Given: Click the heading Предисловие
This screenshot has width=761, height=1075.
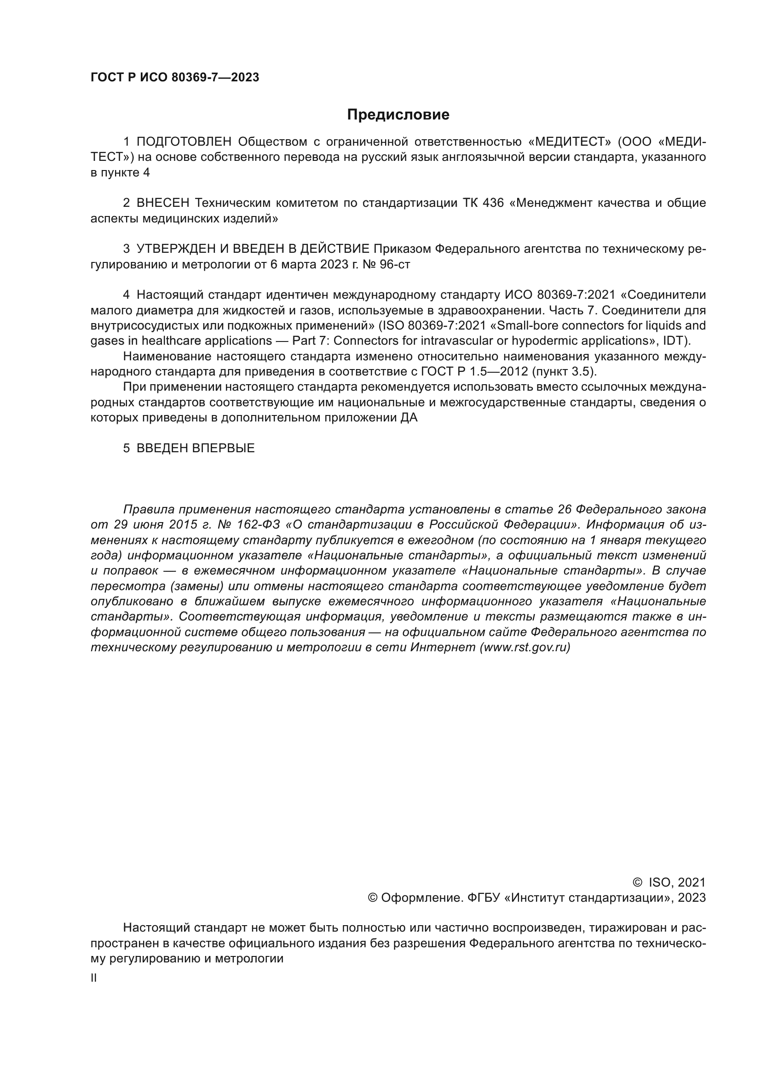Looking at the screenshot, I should coord(398,115).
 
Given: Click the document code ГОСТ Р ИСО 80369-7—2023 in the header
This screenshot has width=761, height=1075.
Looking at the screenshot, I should coord(175,78).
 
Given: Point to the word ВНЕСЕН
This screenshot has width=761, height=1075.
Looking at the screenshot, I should coord(163,203).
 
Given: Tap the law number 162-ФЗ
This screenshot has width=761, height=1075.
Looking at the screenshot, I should coord(258,525).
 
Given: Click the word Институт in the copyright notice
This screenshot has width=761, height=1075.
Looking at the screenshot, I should coord(536,898).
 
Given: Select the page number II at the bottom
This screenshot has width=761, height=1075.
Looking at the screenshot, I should coord(94,978).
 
